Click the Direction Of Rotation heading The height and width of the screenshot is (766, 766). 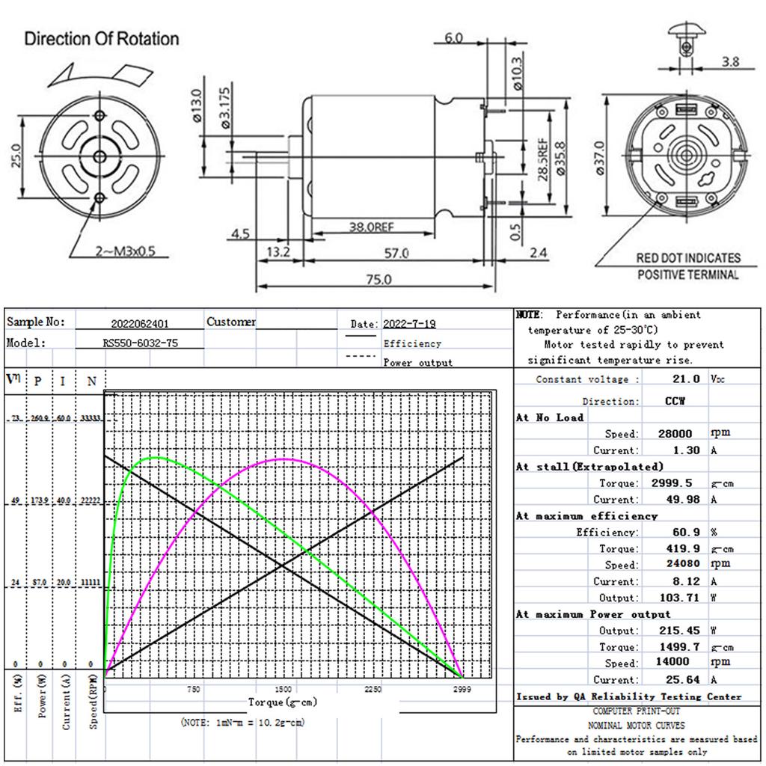[102, 39]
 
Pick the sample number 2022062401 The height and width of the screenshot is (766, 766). [140, 324]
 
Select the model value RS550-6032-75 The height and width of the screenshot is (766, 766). [142, 343]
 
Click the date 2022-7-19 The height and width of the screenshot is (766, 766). [409, 324]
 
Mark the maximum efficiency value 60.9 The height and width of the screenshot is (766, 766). [685, 532]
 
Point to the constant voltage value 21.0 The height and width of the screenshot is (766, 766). [686, 379]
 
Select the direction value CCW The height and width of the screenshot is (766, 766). [675, 400]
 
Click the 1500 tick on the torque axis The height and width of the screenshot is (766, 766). [284, 689]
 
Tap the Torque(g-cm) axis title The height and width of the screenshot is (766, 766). [282, 702]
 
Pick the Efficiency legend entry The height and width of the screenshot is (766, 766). [412, 344]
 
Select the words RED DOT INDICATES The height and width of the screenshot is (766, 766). [688, 258]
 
